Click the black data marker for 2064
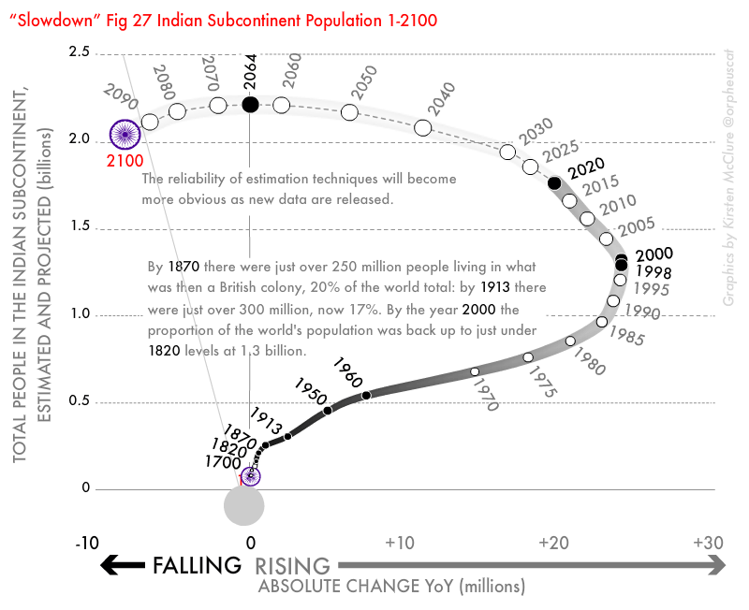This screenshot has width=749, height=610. pyautogui.click(x=250, y=105)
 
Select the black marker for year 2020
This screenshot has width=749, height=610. pyautogui.click(x=554, y=183)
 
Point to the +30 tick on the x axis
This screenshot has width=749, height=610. pyautogui.click(x=707, y=544)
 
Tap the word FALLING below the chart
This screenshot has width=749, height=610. pyautogui.click(x=197, y=565)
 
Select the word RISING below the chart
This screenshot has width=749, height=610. pyautogui.click(x=293, y=566)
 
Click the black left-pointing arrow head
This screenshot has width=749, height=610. pyautogui.click(x=111, y=564)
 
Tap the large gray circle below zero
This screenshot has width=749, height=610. pyautogui.click(x=244, y=506)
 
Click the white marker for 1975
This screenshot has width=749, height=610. pyautogui.click(x=528, y=357)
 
